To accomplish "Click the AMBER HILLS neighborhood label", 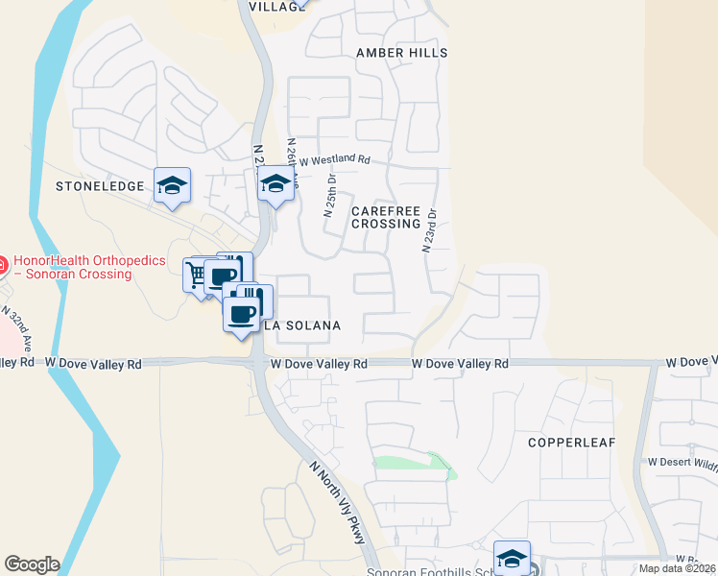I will click(401, 53).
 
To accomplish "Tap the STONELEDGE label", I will click(99, 185).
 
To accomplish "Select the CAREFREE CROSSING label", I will click(386, 217).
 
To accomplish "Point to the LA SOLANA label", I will click(301, 325).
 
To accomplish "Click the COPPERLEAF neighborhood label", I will click(570, 443).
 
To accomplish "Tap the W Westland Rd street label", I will click(334, 159).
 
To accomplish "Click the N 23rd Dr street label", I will click(429, 231).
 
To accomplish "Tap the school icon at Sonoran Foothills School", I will click(512, 558).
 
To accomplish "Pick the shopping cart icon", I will click(197, 275).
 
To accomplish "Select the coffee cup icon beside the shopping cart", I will click(223, 276).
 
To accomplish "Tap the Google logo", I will click(32, 564).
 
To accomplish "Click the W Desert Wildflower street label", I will click(682, 462).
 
